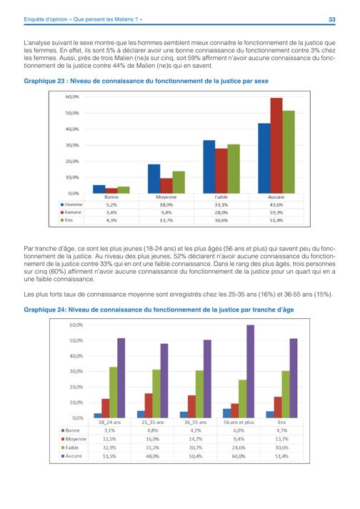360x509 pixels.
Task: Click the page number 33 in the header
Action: [331, 19]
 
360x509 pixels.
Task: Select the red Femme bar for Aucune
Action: [276, 146]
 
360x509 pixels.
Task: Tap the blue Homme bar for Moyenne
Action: [154, 179]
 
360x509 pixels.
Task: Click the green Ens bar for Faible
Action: [234, 169]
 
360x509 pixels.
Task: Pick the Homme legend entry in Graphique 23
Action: [71, 205]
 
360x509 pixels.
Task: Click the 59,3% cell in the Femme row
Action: [276, 212]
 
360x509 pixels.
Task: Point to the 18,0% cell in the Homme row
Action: [166, 205]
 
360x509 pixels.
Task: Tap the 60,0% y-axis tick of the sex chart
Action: [72, 97]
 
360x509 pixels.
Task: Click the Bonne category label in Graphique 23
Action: [111, 197]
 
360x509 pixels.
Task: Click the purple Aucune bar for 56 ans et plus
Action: [251, 371]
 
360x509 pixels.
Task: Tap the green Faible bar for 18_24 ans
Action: [113, 392]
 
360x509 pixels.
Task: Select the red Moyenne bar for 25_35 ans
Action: [149, 406]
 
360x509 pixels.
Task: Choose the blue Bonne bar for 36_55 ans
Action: [184, 415]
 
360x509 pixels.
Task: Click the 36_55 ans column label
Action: [195, 422]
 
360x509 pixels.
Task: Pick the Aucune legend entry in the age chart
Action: [71, 456]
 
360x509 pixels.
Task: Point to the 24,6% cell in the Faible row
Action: [239, 448]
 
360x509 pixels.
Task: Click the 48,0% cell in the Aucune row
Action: [152, 456]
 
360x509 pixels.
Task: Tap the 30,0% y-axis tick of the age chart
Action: [76, 371]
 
